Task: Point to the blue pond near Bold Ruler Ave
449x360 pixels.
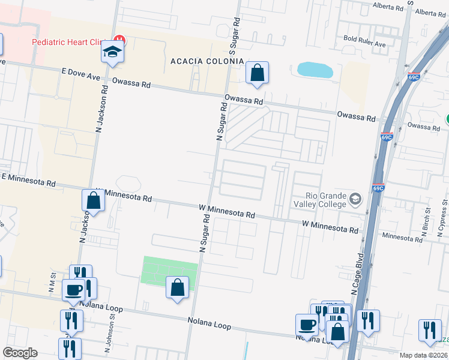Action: click(315, 70)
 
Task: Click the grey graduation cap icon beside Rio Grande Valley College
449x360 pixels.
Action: click(355, 199)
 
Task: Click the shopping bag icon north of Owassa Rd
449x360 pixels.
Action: click(257, 73)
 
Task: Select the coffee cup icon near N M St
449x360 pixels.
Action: click(74, 290)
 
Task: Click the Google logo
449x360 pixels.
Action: click(20, 353)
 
